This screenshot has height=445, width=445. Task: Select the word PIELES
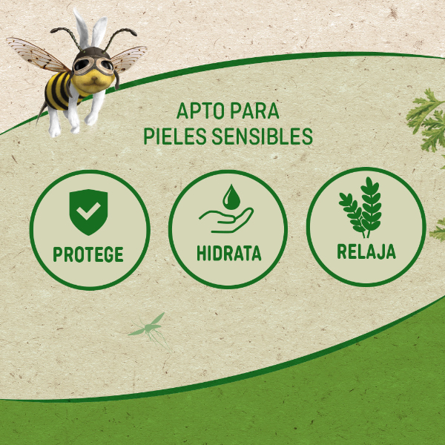pos(174,137)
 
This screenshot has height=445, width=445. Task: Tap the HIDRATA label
pos(228,253)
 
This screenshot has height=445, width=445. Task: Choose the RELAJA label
pos(366,251)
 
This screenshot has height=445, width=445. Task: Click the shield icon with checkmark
pos(89,211)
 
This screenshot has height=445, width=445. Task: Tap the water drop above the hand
pos(231,196)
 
